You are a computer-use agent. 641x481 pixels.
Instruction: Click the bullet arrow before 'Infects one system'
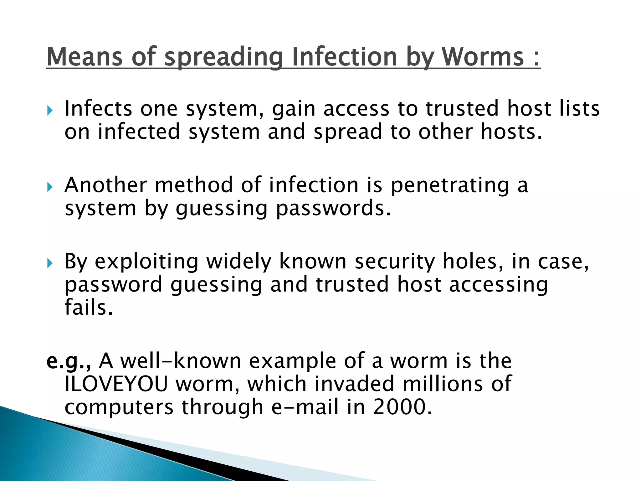(50, 111)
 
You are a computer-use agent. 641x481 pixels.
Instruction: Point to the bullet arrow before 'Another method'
(50, 187)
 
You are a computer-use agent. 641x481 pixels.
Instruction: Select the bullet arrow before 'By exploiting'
(50, 263)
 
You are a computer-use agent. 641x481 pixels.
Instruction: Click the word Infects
(98, 108)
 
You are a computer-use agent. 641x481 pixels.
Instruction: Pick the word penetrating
(450, 185)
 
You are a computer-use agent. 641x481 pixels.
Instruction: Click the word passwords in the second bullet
(333, 209)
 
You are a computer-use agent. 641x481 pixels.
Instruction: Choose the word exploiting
(146, 262)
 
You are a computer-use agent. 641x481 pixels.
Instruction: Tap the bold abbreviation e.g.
(69, 361)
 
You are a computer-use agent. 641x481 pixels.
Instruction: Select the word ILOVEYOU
(116, 384)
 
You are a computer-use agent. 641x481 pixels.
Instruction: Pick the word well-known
(181, 361)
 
